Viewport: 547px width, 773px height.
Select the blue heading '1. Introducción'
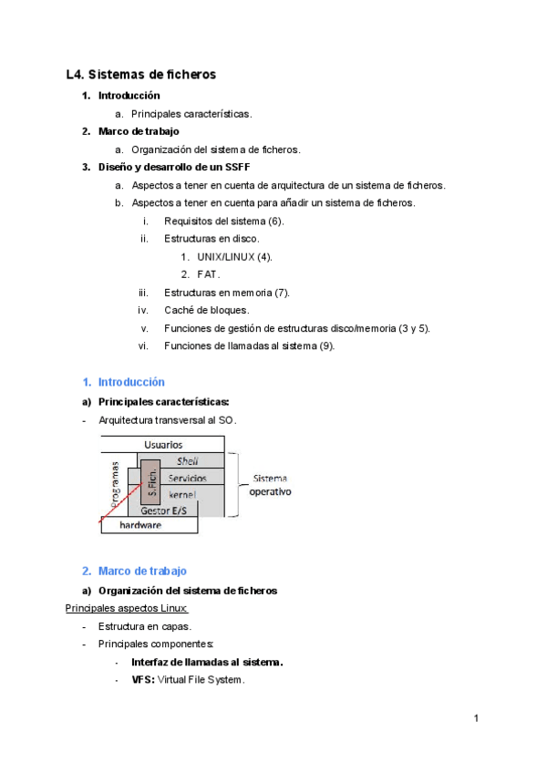[123, 382]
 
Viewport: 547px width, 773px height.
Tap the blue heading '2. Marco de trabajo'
[134, 571]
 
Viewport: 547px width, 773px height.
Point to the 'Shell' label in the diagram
[187, 461]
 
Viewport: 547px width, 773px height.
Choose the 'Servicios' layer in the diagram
[187, 478]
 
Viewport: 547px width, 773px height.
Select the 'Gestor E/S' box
[163, 510]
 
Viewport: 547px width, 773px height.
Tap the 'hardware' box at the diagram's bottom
[141, 526]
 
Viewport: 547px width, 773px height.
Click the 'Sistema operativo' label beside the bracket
[271, 484]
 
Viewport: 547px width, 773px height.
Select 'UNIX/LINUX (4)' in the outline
[234, 256]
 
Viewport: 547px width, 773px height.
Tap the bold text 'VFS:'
[143, 680]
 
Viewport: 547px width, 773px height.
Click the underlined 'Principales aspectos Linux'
[127, 608]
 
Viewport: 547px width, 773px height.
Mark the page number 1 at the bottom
[476, 719]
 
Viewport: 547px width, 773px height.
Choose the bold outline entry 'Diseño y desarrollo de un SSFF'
[174, 167]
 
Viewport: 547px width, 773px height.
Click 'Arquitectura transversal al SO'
[167, 419]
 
